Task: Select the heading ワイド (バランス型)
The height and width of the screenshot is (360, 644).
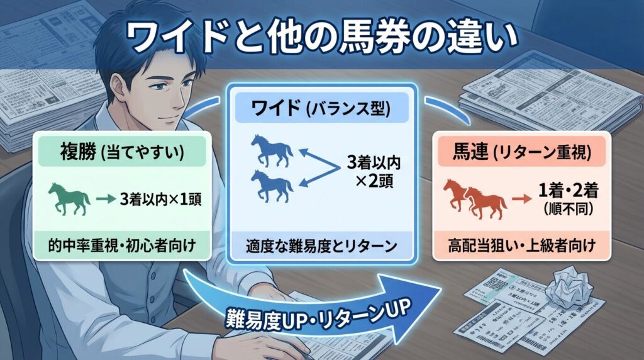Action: (321, 109)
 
